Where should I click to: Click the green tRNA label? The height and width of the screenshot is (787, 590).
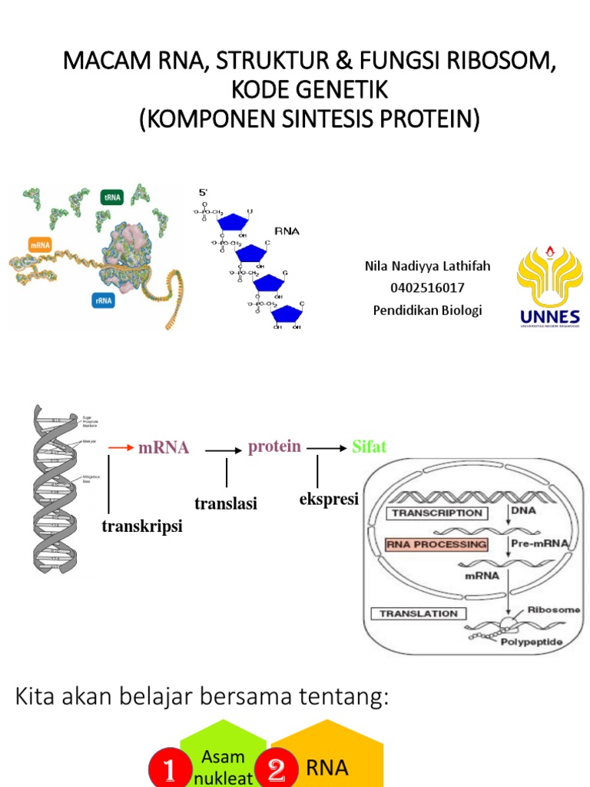point(112,197)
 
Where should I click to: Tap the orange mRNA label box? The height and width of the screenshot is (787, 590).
point(39,245)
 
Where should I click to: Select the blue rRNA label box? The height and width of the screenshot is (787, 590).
point(104,301)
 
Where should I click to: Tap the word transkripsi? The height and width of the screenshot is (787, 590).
point(142,526)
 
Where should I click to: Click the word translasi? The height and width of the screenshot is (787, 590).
point(226,503)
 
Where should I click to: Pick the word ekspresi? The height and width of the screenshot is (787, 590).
point(329,499)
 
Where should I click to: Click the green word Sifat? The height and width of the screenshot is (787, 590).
point(369,447)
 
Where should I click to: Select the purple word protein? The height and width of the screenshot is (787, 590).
point(274,447)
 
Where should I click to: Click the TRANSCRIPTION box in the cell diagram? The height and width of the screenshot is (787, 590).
point(437,513)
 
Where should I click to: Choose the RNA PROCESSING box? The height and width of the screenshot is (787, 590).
point(436,544)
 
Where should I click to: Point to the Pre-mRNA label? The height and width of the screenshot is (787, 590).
point(539,543)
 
